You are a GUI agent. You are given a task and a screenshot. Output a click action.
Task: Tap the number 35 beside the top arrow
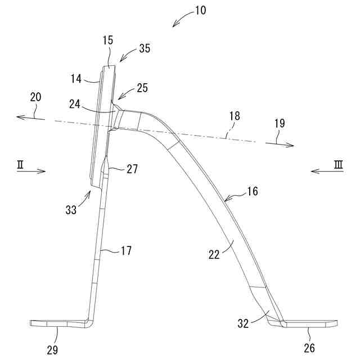tap(144, 48)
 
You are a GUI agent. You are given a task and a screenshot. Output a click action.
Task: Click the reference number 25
tap(142, 88)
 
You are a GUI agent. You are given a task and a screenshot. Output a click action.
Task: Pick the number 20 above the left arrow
tap(35, 97)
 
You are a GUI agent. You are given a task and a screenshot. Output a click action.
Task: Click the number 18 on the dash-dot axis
tap(234, 116)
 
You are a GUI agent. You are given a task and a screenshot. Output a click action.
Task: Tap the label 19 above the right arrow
tap(280, 123)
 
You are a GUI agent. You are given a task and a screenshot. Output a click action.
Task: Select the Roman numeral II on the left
tap(20, 164)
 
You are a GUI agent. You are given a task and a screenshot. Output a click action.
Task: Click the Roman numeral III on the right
tap(338, 164)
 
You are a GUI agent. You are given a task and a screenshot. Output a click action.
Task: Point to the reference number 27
tap(131, 168)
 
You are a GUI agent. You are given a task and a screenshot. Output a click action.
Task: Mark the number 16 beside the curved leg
tap(251, 191)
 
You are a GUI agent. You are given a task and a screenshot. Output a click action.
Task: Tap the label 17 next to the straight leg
tap(126, 251)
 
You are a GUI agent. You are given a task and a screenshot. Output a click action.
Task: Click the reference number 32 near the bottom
tap(242, 323)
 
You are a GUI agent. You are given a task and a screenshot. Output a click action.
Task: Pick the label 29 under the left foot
tap(52, 349)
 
